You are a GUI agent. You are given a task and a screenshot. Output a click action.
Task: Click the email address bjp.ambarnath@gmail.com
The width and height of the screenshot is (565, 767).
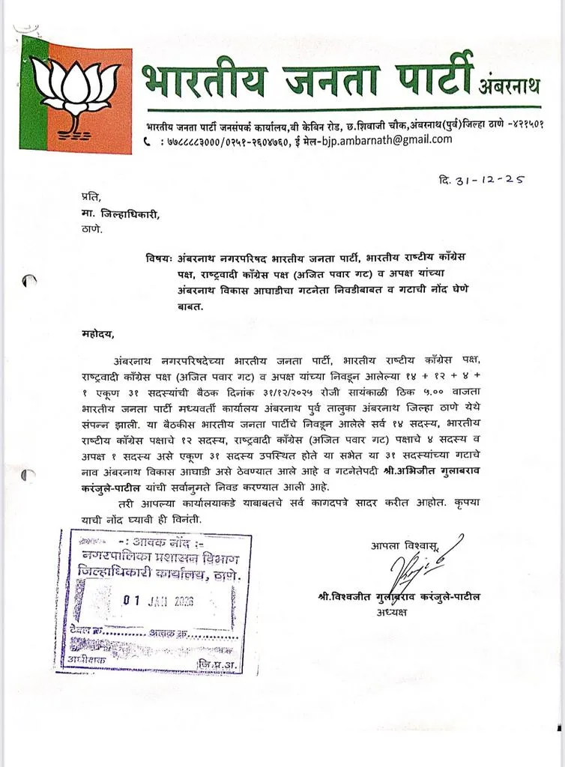click(x=390, y=139)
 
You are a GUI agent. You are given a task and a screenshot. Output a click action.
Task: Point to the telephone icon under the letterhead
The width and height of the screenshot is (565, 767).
click(x=147, y=141)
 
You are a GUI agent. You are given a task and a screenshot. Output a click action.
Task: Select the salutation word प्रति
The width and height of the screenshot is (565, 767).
click(x=91, y=196)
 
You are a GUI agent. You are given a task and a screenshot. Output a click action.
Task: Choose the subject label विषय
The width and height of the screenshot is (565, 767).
click(x=161, y=258)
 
